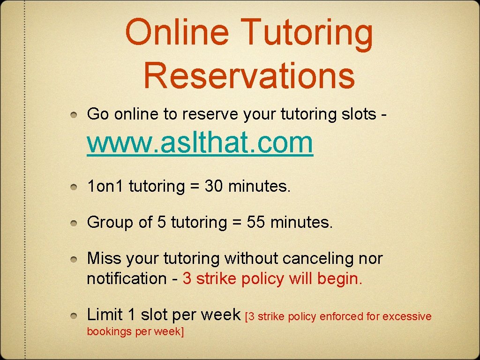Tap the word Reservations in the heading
click(x=249, y=76)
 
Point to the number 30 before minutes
click(x=214, y=187)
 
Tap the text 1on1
click(x=105, y=187)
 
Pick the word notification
click(x=127, y=278)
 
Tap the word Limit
click(x=105, y=315)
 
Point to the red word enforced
click(x=342, y=316)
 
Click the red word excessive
click(x=407, y=316)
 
